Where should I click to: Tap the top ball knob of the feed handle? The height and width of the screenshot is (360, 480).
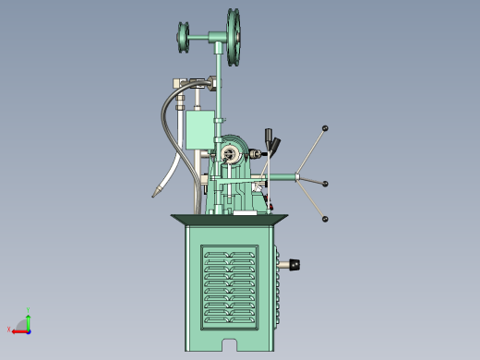click(x=326, y=128)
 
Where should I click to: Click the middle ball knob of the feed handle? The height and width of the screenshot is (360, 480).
click(x=326, y=184)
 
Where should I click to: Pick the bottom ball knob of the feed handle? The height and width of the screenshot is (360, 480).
click(x=326, y=219)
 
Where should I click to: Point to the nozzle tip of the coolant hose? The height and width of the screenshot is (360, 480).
click(x=156, y=194)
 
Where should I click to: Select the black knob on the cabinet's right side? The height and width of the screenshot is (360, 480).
click(x=295, y=265)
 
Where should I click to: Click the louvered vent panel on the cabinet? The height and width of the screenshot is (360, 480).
click(x=230, y=287)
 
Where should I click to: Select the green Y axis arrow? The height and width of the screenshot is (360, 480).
click(x=29, y=320)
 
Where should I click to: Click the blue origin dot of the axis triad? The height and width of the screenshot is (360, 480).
click(x=29, y=330)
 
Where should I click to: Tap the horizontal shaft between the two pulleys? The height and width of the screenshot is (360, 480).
click(x=207, y=39)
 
